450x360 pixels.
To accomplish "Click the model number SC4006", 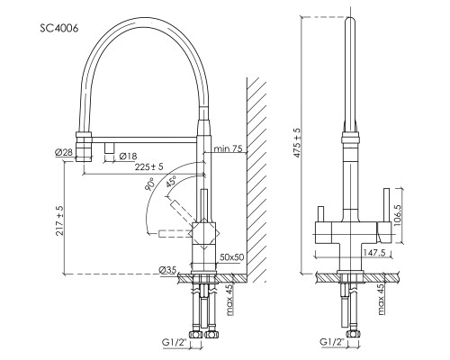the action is pos(59,28).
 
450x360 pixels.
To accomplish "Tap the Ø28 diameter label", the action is pos(64,152).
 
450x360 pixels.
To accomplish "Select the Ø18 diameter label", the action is pos(128,156).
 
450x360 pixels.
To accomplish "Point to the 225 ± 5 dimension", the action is pos(148,166).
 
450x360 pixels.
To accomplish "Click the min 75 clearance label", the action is pos(228,148).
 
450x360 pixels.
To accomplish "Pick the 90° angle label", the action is pos(149,184).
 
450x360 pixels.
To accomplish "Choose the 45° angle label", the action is pos(171,182).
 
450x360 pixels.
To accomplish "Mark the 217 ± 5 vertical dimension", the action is pos(59,220).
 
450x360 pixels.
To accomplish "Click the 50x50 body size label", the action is pos(232,257).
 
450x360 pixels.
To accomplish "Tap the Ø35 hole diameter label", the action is pos(167,270).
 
